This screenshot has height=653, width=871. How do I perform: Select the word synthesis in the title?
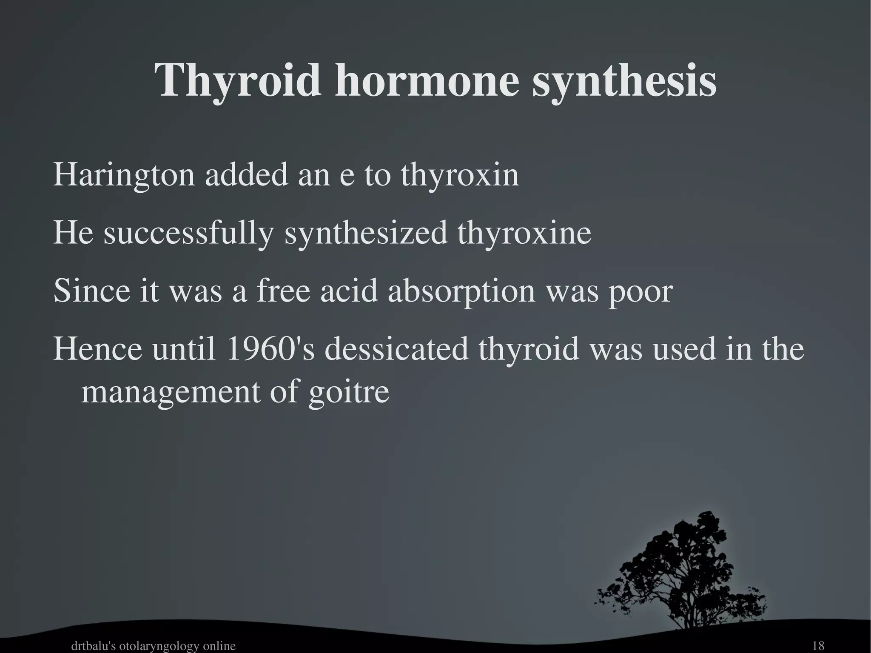[x=624, y=81]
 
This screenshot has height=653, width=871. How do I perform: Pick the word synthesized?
[x=366, y=234]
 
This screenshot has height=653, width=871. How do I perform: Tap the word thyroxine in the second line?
[x=524, y=234]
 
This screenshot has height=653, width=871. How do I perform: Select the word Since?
[x=92, y=291]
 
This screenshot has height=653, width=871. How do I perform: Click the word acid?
[x=349, y=291]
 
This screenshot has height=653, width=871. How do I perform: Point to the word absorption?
[x=461, y=291]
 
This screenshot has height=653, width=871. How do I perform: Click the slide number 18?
[x=818, y=646]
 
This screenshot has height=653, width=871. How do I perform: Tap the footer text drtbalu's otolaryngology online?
[x=153, y=646]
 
